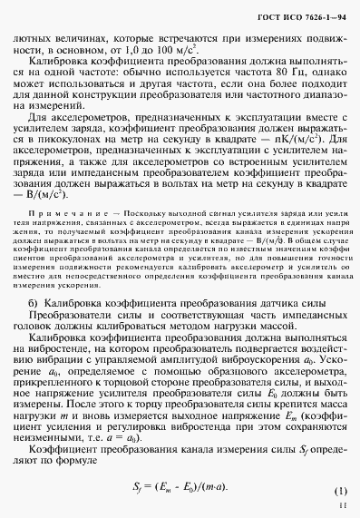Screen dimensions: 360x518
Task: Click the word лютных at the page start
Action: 34,39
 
